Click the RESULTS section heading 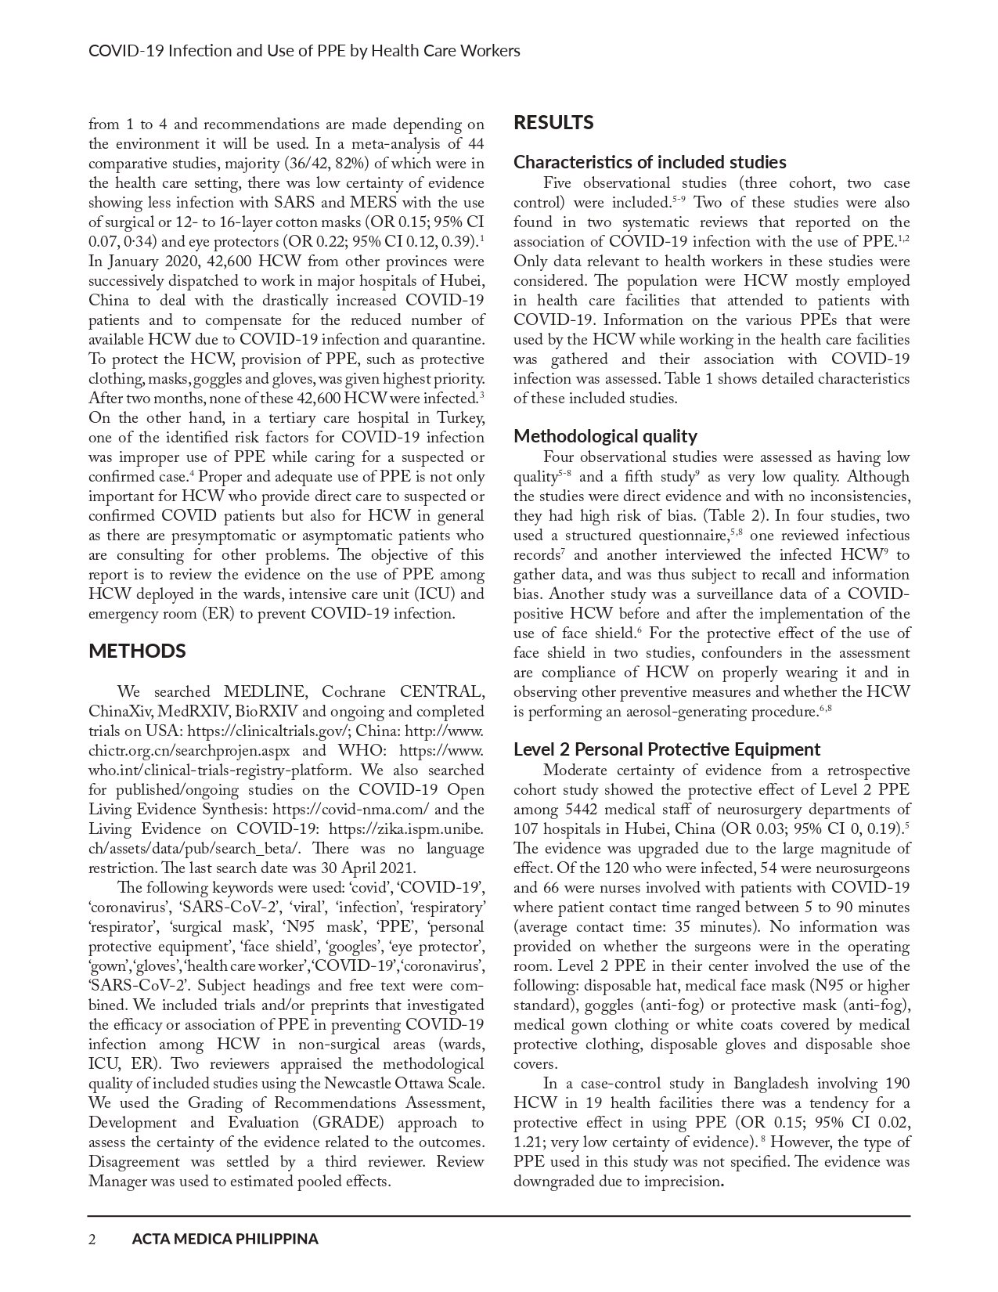553,123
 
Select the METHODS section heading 137,651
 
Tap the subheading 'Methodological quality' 605,436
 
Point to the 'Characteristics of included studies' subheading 650,162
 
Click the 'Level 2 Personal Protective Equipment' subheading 667,749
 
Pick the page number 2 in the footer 92,1239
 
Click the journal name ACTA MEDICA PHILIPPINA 225,1239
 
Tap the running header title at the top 304,51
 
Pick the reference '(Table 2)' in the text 734,516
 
